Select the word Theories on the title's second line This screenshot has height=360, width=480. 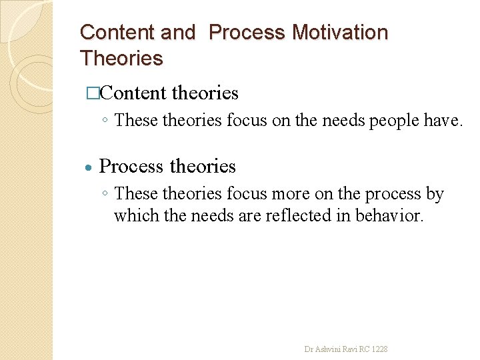point(121,58)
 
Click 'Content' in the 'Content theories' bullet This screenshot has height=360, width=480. point(133,93)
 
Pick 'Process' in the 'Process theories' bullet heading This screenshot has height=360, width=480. point(131,166)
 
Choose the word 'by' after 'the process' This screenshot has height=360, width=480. point(435,194)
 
